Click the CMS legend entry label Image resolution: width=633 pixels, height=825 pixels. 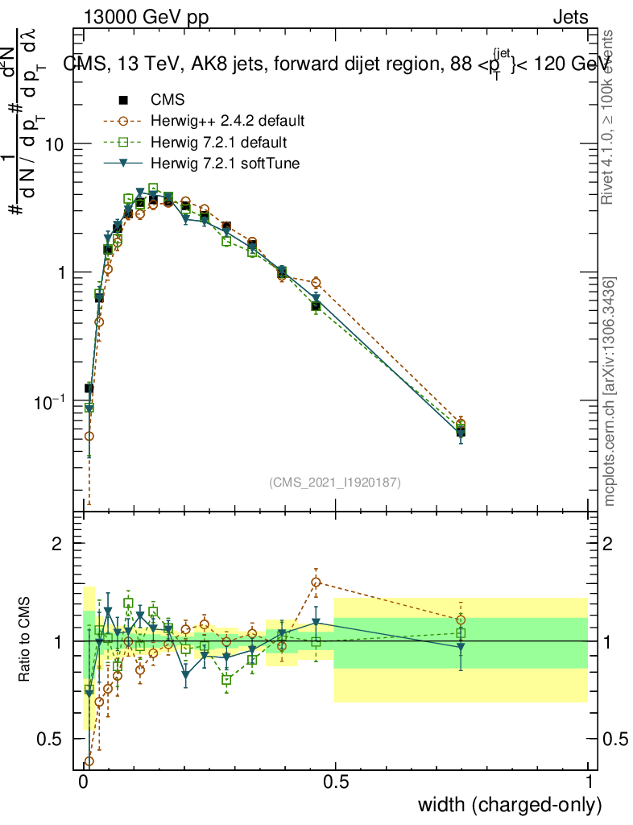168,101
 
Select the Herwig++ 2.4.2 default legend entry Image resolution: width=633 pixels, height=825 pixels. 227,122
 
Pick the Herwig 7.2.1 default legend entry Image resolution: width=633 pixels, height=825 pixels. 218,143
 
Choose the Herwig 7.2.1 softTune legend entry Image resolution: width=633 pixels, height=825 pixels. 223,164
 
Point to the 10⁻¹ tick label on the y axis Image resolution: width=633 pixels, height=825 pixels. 51,400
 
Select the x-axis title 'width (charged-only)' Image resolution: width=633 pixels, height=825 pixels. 509,805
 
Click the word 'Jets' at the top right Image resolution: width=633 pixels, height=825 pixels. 570,18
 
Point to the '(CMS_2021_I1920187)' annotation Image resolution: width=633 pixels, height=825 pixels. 335,483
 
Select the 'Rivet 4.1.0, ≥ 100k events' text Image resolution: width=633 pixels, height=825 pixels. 610,117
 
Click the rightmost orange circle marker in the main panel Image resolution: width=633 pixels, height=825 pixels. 461,424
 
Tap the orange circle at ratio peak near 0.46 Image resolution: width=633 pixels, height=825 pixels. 316,582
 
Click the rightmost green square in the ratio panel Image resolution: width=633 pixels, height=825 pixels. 461,633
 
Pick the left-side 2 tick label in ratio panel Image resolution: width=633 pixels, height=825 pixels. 57,544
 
